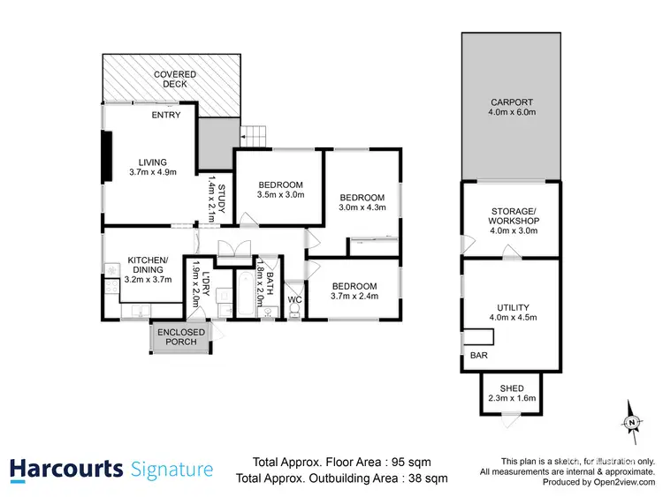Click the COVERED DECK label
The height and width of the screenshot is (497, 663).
point(174,79)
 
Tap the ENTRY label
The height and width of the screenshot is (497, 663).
point(166,115)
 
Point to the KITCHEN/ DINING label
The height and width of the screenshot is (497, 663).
point(148,264)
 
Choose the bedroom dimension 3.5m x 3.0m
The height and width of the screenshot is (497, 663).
point(280,194)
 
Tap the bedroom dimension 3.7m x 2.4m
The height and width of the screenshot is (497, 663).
point(354,297)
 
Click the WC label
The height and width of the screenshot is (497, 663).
point(295,299)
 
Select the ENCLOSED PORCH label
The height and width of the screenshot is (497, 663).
point(181,337)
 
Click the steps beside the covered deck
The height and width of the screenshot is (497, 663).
point(253,136)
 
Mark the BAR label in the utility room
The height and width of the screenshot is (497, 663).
point(478,355)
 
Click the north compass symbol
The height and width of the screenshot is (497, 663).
point(631,424)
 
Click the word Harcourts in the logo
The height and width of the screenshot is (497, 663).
point(65,470)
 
